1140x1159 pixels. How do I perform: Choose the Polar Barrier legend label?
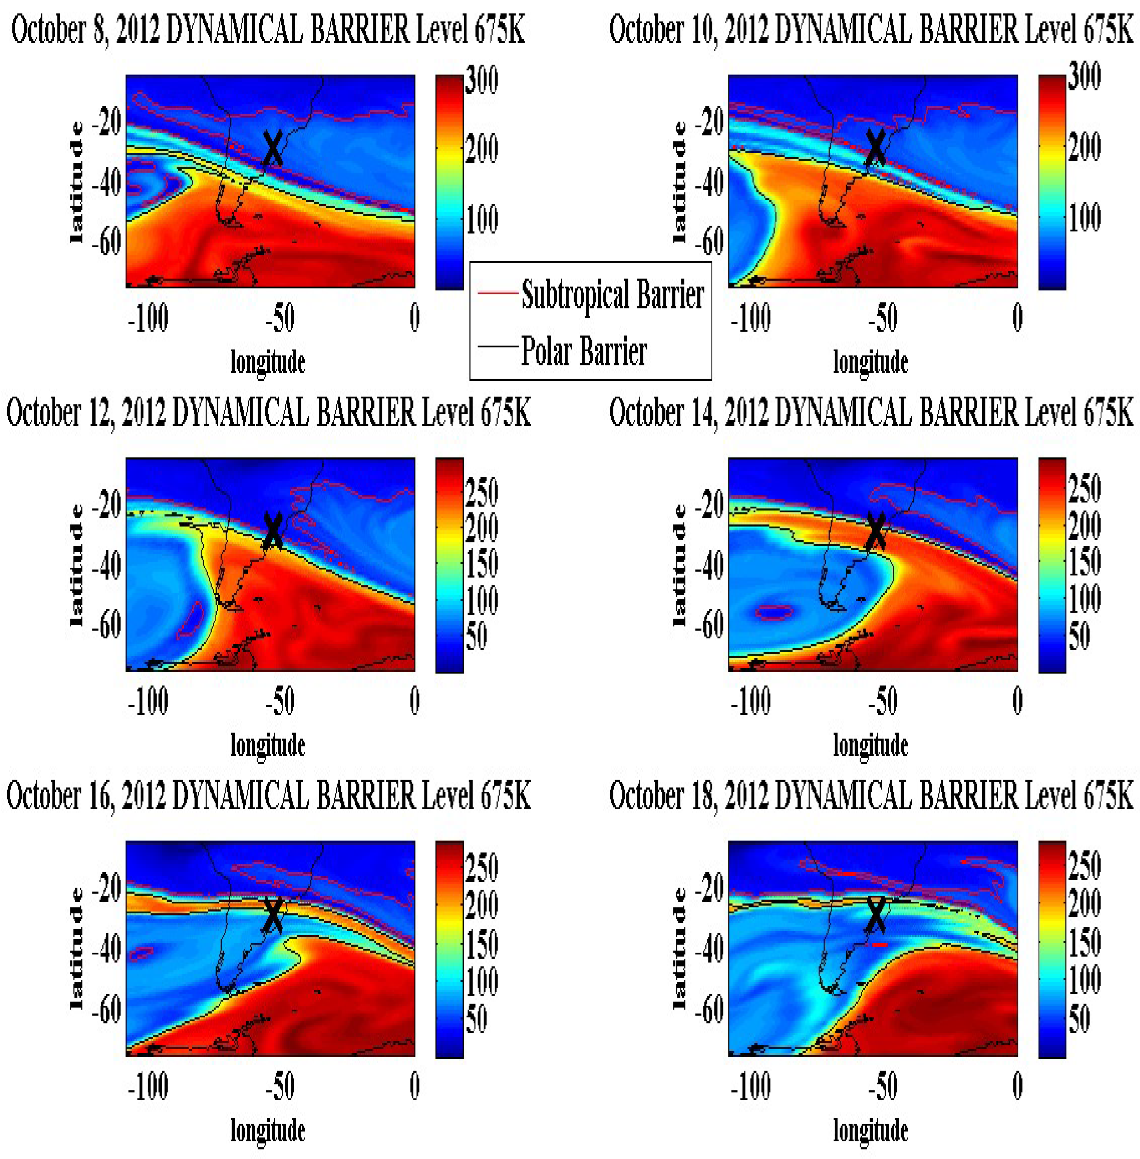[x=584, y=351]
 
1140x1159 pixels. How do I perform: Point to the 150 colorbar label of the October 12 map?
[x=481, y=563]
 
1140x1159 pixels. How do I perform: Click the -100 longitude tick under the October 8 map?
[x=148, y=318]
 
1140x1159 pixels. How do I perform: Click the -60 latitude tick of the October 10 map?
[x=709, y=242]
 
